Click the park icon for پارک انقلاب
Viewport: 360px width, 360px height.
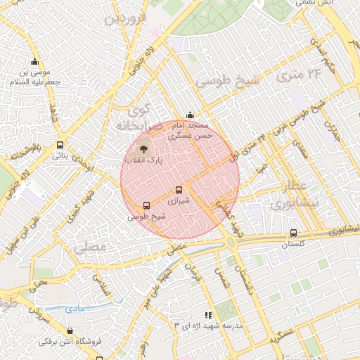(143, 149)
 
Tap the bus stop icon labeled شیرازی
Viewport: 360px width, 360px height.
(179, 190)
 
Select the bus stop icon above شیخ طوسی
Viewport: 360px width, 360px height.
(146, 205)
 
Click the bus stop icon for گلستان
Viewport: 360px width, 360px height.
(293, 233)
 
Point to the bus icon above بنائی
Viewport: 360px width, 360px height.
(58, 146)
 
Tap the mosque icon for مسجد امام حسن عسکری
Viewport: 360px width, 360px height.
(189, 115)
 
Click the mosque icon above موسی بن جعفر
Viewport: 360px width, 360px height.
(35, 61)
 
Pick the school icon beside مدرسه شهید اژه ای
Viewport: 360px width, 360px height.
(207, 316)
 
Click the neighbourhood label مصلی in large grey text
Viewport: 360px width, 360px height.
(89, 247)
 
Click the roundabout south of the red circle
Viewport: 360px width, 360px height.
(231, 243)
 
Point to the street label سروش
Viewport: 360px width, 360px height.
(42, 314)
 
